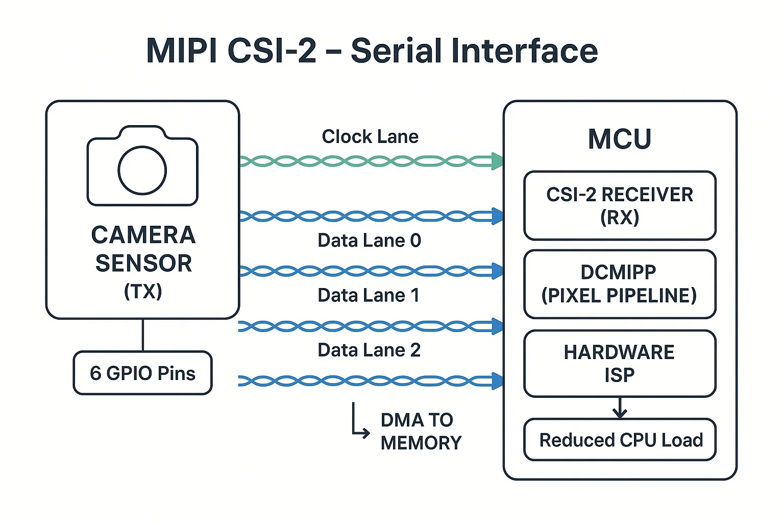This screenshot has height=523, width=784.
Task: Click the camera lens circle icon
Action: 142,171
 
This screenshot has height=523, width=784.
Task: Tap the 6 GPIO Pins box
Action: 142,373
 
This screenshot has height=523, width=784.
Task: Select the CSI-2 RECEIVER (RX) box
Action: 620,206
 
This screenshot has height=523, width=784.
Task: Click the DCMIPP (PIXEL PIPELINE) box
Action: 620,284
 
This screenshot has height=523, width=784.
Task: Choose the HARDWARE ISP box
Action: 620,364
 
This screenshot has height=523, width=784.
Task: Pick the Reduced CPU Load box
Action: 620,440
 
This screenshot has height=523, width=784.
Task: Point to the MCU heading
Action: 620,139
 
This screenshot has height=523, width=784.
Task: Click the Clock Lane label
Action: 370,137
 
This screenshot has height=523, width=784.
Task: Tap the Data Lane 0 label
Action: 369,241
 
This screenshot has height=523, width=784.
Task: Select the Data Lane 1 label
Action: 369,295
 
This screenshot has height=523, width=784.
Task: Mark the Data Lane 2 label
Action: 369,350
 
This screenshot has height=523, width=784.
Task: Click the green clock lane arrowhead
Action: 497,161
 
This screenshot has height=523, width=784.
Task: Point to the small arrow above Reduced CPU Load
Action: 620,408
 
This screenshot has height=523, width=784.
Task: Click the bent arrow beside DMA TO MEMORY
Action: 360,423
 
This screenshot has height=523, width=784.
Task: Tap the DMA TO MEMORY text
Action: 421,432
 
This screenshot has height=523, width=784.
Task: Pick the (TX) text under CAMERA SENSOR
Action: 143,291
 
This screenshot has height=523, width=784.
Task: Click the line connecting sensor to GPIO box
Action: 143,335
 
